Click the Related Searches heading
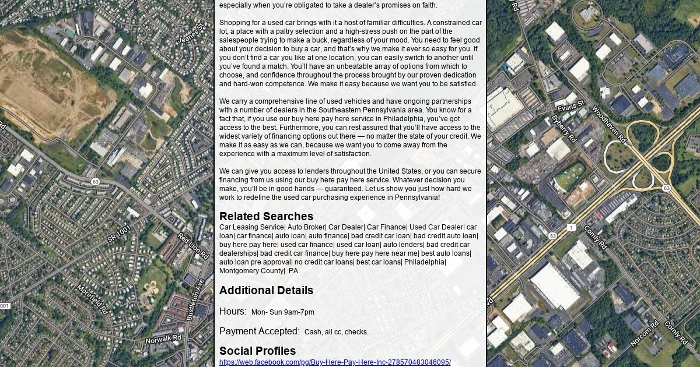266,217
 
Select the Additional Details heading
266,291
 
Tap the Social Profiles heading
257,351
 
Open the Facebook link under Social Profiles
335,362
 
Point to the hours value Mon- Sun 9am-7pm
282,312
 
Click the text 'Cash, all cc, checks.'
337,332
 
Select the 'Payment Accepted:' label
260,331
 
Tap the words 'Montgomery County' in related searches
251,271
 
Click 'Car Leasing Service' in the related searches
251,227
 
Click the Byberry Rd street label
563,128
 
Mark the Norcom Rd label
645,333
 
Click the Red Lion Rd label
193,246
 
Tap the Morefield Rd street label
92,299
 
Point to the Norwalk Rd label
163,339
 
